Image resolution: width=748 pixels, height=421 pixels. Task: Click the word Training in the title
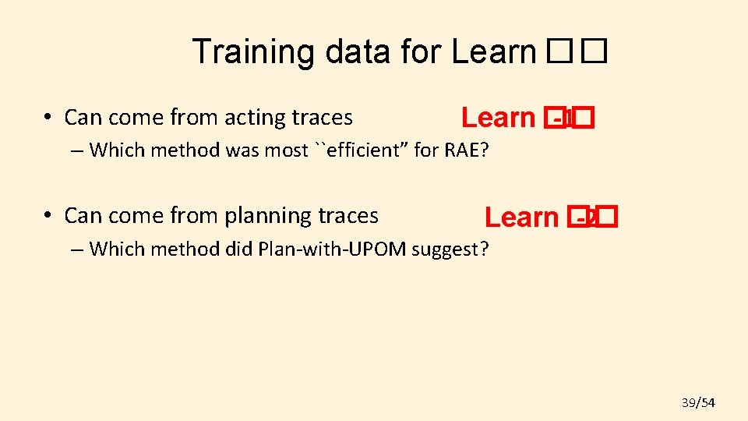(x=244, y=51)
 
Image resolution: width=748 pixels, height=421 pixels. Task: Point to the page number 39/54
(x=697, y=402)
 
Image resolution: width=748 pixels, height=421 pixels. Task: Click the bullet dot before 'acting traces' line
(x=48, y=119)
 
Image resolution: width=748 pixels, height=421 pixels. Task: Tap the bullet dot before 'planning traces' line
(x=48, y=216)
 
